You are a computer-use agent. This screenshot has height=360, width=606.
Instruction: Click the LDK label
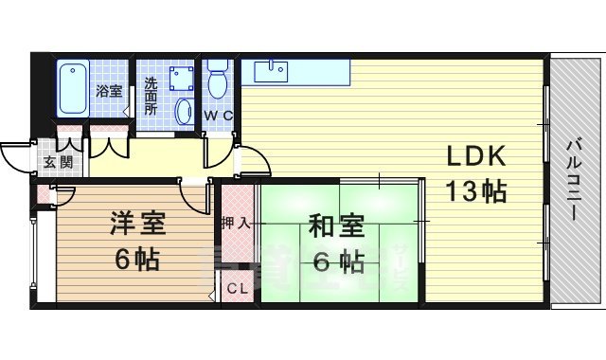[x=475, y=156]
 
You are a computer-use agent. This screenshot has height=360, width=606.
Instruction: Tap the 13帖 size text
[x=475, y=190]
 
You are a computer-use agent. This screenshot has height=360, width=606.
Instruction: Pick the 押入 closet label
[x=237, y=224]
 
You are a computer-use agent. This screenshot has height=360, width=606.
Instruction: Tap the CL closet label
[x=237, y=289]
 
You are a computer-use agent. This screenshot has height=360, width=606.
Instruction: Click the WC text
[x=219, y=115]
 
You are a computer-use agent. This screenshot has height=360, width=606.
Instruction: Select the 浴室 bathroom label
[x=108, y=91]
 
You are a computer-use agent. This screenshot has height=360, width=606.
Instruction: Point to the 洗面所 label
[x=151, y=95]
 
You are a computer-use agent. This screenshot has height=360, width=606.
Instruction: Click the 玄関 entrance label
[x=57, y=162]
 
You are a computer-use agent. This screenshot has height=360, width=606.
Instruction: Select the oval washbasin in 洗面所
[x=185, y=111]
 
